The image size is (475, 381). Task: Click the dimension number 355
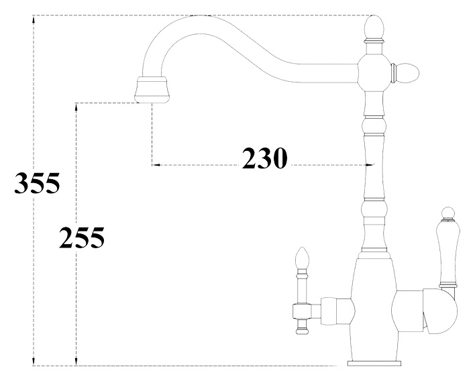(38, 182)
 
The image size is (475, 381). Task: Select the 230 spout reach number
(264, 158)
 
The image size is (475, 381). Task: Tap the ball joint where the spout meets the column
(373, 70)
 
